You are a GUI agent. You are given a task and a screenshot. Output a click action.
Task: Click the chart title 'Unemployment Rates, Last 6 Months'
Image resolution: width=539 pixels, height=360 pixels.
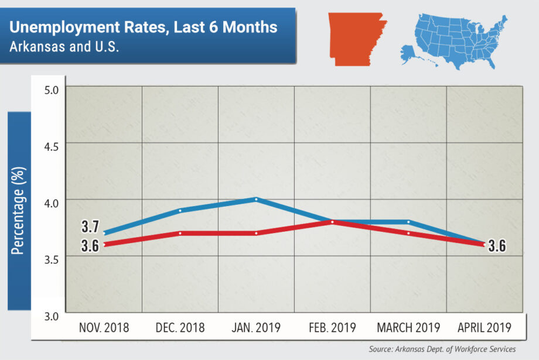tap(144, 27)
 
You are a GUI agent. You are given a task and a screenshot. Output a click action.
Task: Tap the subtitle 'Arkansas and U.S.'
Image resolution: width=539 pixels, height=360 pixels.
tap(64, 46)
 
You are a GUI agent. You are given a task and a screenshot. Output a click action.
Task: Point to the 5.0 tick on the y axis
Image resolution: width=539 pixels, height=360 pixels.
tap(52, 90)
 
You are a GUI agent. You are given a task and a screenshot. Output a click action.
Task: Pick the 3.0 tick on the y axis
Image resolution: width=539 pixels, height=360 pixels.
tap(52, 317)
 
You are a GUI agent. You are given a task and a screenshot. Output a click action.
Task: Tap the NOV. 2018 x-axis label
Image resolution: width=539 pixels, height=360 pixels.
tap(104, 328)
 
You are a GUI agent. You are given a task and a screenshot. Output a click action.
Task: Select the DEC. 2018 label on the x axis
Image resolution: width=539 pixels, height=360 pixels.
tap(180, 328)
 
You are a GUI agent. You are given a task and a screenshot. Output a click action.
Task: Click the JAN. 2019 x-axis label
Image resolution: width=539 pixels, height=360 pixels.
tap(256, 328)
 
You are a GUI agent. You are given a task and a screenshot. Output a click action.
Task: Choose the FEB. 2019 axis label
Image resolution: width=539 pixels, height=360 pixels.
tap(332, 328)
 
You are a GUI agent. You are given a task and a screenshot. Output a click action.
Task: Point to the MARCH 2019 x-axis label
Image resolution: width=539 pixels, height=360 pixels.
tap(408, 328)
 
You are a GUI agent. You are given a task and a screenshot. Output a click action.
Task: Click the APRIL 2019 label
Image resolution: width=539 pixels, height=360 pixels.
tap(483, 328)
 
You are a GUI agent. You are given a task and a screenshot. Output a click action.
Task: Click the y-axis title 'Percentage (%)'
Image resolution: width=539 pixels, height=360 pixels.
tap(18, 211)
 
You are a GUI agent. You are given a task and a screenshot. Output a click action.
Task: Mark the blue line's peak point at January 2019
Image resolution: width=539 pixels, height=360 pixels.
tap(256, 199)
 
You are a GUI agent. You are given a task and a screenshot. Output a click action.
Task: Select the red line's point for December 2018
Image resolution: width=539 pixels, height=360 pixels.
tap(180, 233)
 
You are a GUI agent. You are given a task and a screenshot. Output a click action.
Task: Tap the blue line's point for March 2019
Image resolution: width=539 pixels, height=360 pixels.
tap(408, 222)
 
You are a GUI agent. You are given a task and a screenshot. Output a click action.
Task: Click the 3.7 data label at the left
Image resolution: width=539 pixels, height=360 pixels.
tap(90, 227)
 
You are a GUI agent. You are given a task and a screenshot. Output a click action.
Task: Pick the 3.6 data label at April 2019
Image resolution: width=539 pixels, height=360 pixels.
tap(497, 246)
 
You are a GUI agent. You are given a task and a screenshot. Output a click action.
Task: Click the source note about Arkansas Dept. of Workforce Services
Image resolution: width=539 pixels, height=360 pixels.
tap(442, 349)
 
